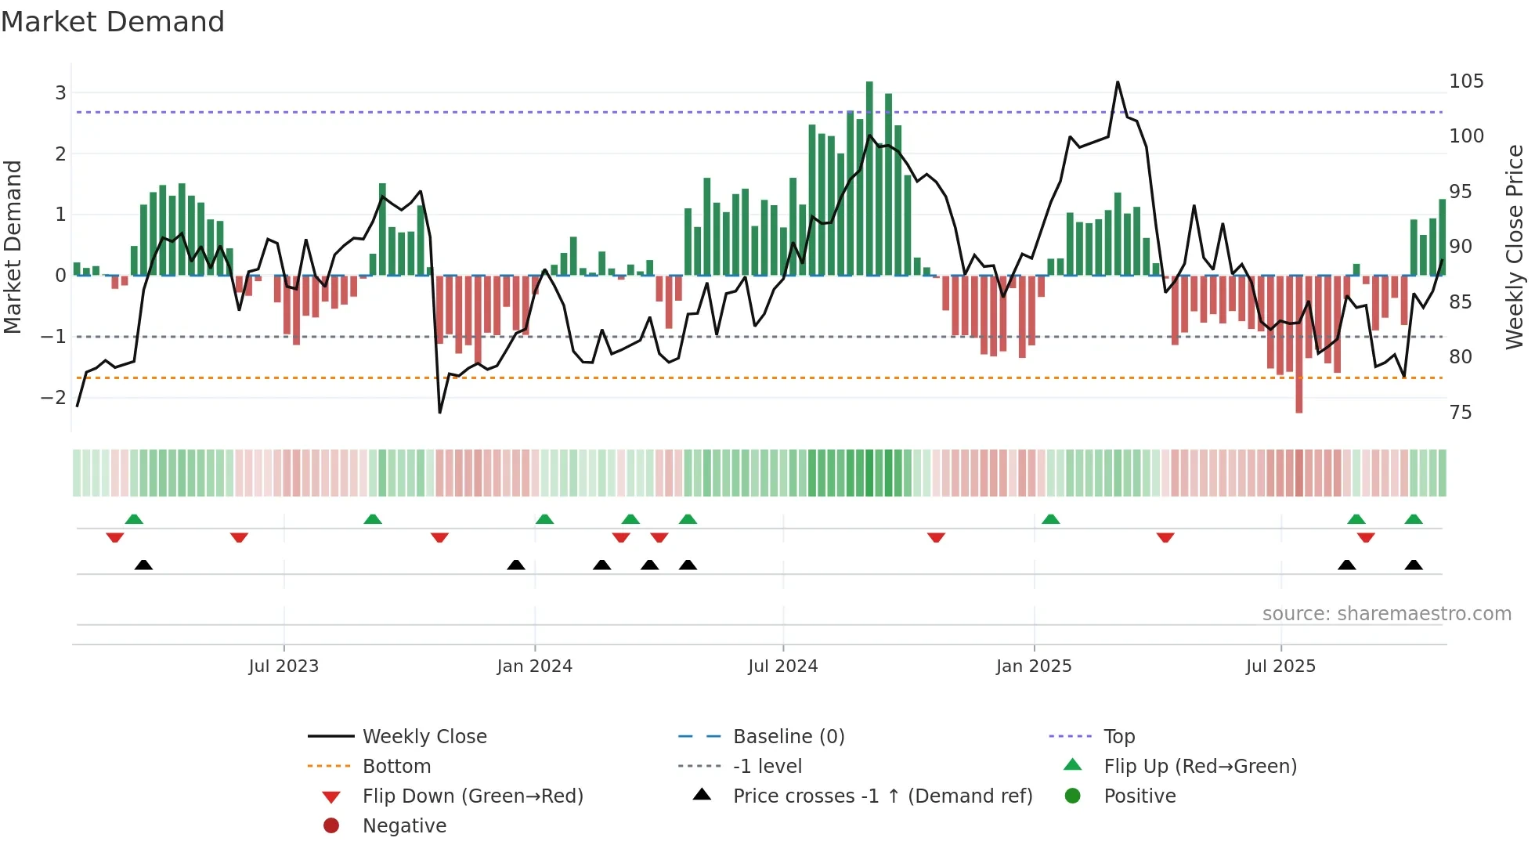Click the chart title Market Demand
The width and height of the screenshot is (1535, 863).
pos(113,22)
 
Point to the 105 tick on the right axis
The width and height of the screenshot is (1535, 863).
pos(1465,81)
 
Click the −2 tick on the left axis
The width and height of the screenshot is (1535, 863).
pos(54,398)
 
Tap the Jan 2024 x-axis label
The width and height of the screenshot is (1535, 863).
pos(534,666)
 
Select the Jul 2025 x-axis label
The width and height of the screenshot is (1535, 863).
pos(1280,666)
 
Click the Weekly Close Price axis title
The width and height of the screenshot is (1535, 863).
pos(1515,247)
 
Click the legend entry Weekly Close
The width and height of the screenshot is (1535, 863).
pos(424,737)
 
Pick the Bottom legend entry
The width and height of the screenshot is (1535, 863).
pos(396,767)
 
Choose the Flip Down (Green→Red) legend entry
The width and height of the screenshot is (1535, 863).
pos(472,796)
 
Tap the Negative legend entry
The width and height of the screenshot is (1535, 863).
pos(404,826)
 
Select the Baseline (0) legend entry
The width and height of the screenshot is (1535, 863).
pos(788,737)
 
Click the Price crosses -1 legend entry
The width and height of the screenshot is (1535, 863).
pos(882,796)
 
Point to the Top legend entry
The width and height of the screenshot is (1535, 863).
pos(1118,737)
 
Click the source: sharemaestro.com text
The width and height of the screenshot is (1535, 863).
pos(1386,614)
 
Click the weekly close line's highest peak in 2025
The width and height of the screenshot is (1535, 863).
pos(1118,82)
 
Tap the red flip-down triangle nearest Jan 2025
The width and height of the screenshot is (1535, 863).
pos(936,537)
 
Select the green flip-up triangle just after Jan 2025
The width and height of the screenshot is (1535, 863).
pos(1051,519)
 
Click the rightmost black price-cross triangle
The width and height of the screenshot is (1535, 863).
pos(1414,565)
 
